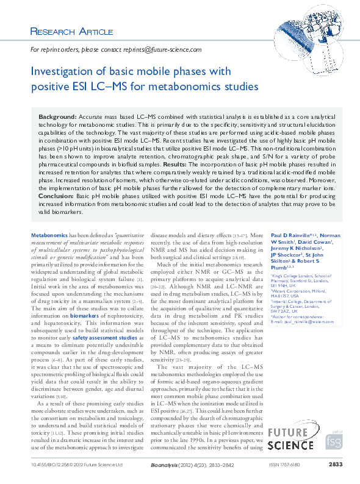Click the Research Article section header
pos(71,31)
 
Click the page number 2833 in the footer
pos(335,464)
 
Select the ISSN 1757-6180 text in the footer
pos(284,464)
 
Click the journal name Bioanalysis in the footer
pos(163,464)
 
